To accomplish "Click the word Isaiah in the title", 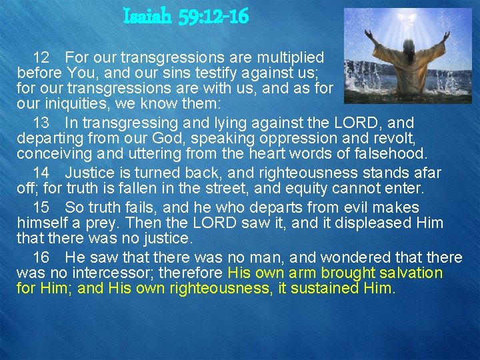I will click(148, 17).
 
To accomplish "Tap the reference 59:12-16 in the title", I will click(213, 17).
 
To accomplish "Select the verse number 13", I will click(41, 123).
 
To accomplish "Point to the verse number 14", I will click(41, 173).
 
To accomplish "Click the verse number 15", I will click(41, 207).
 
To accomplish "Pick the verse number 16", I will click(41, 257).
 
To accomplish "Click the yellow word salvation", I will click(410, 273).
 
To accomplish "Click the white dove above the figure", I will click(403, 19).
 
